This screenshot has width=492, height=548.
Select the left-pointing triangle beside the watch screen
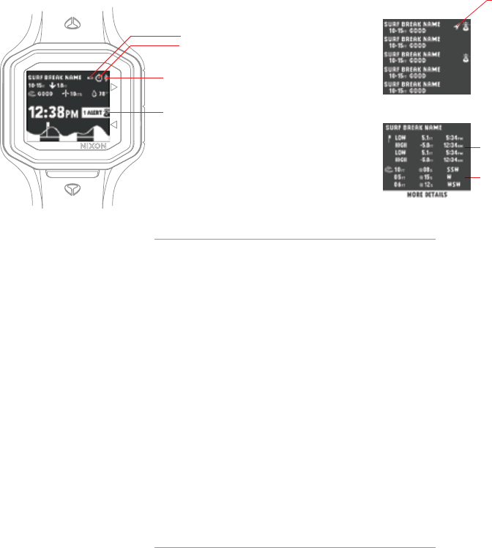click(x=113, y=126)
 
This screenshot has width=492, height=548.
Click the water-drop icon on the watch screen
click(x=94, y=95)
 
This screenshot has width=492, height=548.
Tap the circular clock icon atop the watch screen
click(x=98, y=76)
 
